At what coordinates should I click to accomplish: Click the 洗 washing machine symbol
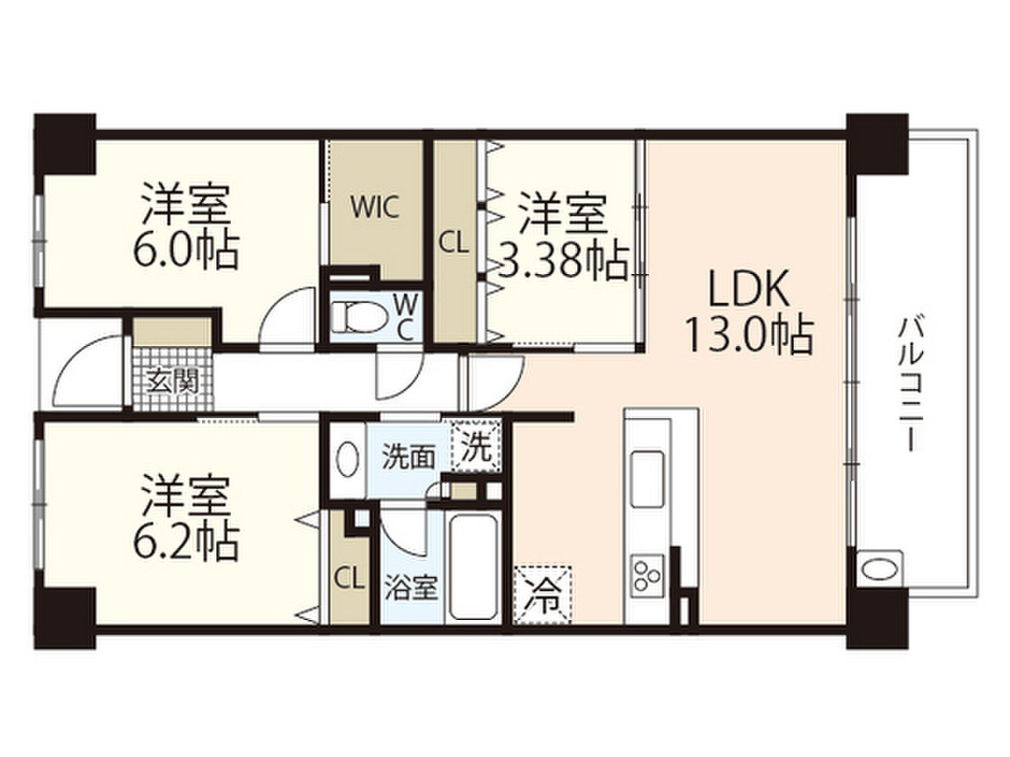click(476, 448)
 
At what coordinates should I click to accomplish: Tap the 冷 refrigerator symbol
click(541, 593)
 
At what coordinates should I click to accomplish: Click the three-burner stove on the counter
click(648, 573)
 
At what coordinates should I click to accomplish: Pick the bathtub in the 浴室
click(471, 560)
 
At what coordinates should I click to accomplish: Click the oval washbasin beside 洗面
click(346, 459)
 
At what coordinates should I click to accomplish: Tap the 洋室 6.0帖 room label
click(187, 228)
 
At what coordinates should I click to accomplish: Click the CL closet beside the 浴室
click(347, 577)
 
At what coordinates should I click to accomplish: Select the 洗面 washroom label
click(408, 456)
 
